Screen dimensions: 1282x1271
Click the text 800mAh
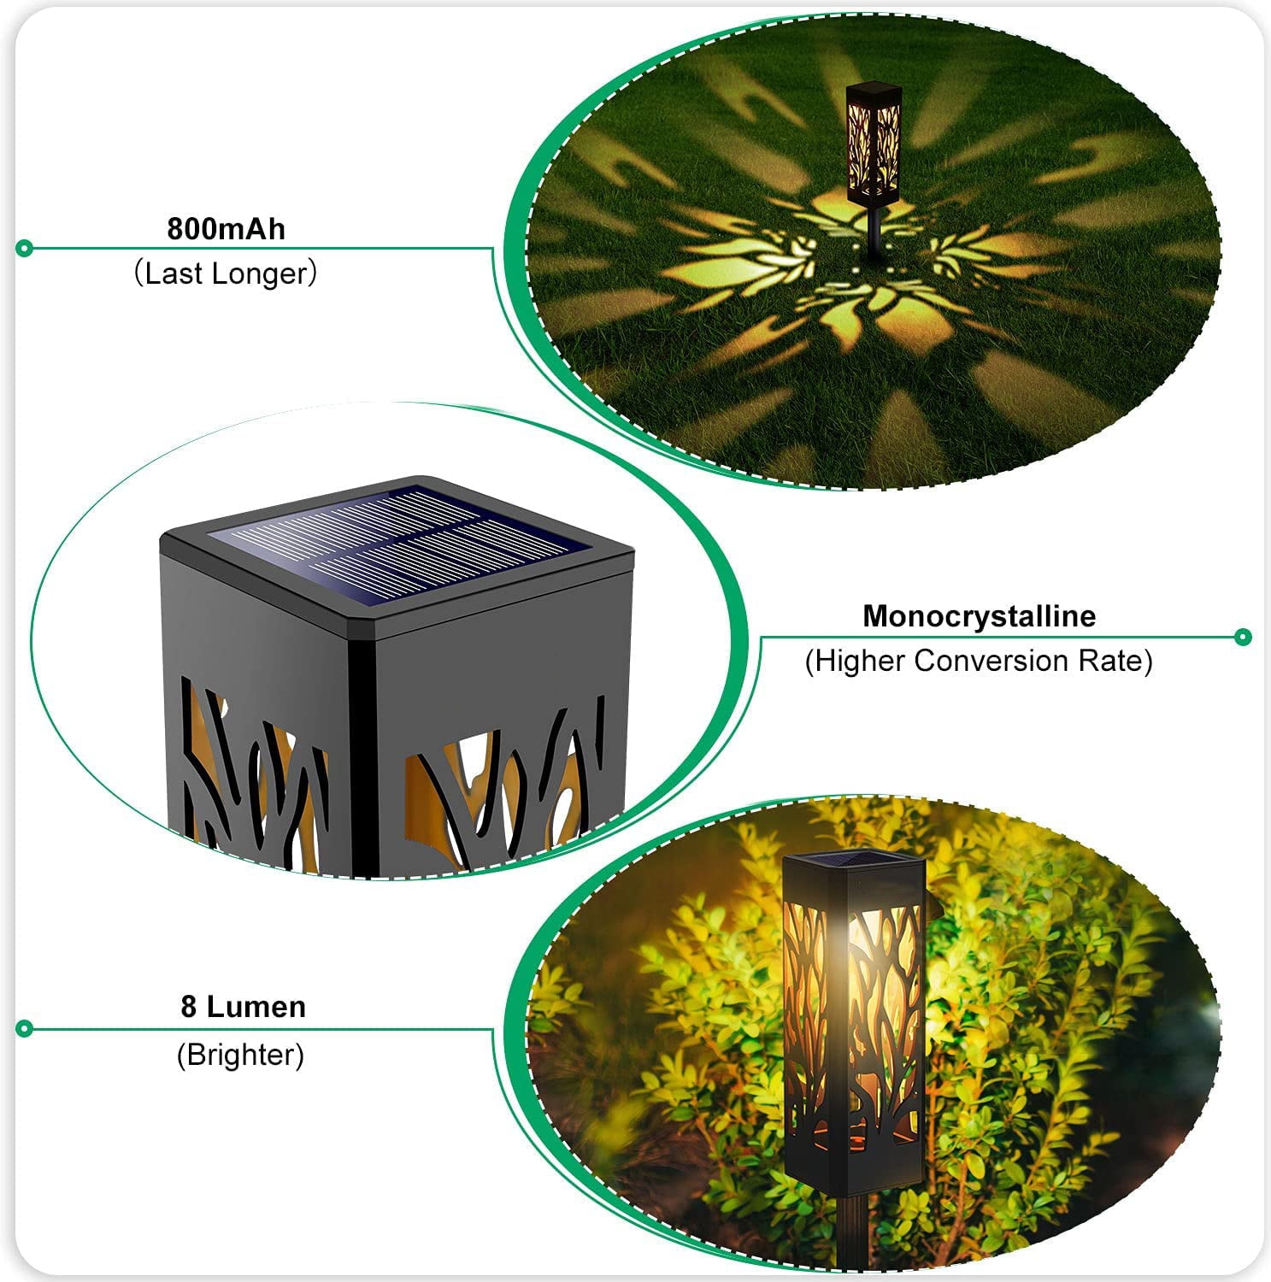point(226,229)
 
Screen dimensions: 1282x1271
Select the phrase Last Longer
point(226,273)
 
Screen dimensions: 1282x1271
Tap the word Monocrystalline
point(979,616)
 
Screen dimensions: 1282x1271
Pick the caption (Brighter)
point(240,1055)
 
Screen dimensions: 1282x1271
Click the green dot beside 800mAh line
point(25,249)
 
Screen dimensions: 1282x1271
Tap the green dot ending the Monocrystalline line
point(1244,637)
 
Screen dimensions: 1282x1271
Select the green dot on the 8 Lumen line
point(25,1028)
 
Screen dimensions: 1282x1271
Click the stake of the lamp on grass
point(874,235)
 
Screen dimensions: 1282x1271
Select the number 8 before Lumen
point(189,1007)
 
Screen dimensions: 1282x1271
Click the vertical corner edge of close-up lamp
point(364,752)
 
